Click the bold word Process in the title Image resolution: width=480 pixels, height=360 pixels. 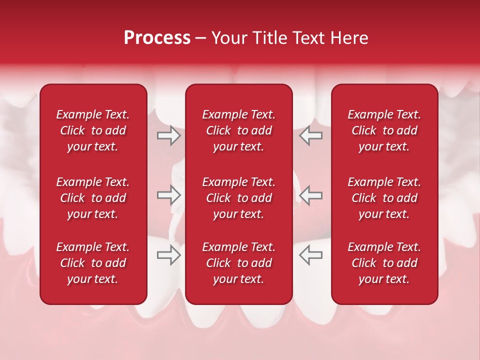tap(157, 38)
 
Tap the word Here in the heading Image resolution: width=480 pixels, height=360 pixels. tap(348, 38)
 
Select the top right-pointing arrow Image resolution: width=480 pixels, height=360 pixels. tap(169, 135)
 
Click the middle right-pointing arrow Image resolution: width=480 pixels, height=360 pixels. tap(169, 195)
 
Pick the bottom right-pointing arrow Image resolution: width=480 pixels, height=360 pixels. tap(169, 255)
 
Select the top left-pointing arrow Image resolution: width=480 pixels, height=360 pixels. tap(310, 135)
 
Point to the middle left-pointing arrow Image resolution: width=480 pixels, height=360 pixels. tap(310, 195)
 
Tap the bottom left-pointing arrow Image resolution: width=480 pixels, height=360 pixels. tap(310, 255)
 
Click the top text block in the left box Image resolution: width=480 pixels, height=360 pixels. tap(93, 130)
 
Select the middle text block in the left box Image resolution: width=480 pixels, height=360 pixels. tap(93, 198)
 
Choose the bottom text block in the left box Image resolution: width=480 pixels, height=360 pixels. tap(93, 263)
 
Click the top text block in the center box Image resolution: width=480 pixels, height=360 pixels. tap(238, 130)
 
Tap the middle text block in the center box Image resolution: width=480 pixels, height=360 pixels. tap(238, 198)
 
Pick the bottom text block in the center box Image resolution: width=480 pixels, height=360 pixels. tap(238, 263)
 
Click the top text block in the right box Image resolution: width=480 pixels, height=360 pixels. tap(384, 130)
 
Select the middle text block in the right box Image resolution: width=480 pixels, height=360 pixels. tap(384, 198)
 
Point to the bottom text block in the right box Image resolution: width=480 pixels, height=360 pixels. tap(384, 263)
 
